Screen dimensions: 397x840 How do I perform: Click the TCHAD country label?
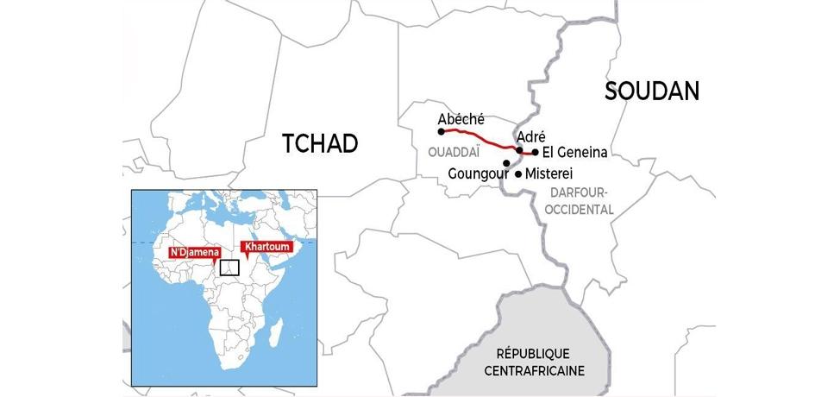point(319,144)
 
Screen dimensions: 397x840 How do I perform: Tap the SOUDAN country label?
point(651,91)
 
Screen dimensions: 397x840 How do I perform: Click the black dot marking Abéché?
point(442,132)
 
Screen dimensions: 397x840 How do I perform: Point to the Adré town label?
point(530,136)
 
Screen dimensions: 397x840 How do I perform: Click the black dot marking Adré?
point(519,150)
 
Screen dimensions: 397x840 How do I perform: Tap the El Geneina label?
point(575,153)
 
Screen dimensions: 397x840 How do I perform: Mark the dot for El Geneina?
point(536,153)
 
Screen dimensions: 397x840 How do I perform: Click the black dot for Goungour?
point(506,162)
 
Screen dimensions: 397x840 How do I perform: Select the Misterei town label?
point(549,173)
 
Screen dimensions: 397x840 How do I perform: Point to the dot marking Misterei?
point(517,173)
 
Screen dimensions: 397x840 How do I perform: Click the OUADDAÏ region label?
point(453,152)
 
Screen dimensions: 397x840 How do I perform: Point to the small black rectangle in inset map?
point(229,267)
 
